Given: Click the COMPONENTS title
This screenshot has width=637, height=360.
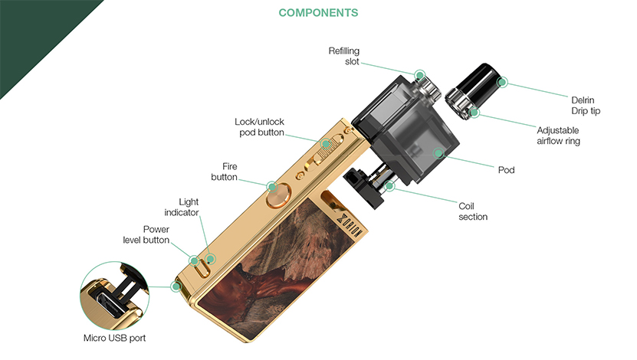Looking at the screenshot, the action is click(x=318, y=13).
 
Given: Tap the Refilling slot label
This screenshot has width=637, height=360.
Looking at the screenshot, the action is click(x=344, y=56).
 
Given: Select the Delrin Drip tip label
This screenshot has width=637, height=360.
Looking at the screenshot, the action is click(x=586, y=106).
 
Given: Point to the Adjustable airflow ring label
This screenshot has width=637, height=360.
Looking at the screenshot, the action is click(x=558, y=136).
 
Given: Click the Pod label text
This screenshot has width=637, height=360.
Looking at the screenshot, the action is click(x=506, y=169).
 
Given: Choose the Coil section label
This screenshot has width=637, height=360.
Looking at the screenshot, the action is click(x=473, y=211).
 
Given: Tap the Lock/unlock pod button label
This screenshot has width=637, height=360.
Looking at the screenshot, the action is click(x=259, y=127).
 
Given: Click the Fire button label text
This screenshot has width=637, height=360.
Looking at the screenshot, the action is click(x=225, y=172).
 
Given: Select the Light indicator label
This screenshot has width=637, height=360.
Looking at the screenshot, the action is click(x=182, y=207).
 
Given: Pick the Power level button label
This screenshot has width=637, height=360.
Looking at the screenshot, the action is click(x=146, y=234).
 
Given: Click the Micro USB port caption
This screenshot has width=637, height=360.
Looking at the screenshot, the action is click(x=114, y=338).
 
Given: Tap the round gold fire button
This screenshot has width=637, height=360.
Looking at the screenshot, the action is click(x=278, y=195).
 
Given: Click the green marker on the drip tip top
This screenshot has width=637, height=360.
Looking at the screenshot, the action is click(x=502, y=82).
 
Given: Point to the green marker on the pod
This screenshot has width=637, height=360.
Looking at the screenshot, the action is click(x=438, y=153).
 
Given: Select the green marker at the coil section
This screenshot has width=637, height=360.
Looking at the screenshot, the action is click(x=389, y=186).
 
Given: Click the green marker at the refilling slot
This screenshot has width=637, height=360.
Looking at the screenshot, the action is click(x=419, y=75).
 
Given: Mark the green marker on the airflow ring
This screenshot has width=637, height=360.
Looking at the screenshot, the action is click(x=474, y=112).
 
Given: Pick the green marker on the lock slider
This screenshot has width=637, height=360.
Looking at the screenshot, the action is click(x=326, y=144).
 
